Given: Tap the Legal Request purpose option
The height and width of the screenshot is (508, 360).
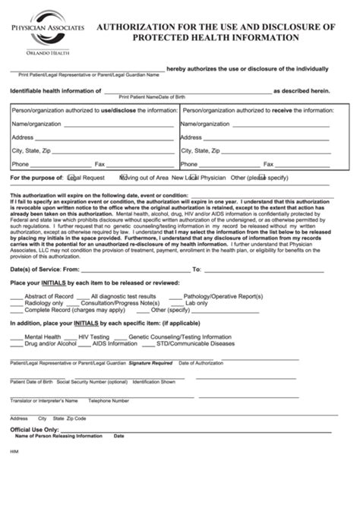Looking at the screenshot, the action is pyautogui.click(x=86, y=177).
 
